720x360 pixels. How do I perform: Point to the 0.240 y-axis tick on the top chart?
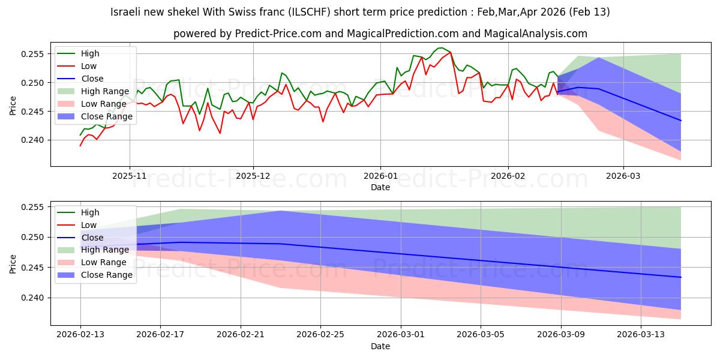tap(34, 140)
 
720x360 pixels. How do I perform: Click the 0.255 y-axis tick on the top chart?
tap(34, 54)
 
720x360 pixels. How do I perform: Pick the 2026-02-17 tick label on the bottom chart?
tap(160, 334)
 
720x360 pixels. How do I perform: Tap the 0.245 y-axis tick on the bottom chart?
tap(34, 268)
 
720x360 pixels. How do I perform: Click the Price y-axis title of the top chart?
tap(13, 105)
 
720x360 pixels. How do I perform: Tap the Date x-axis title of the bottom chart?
tap(380, 346)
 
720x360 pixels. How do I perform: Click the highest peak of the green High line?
tap(441, 48)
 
